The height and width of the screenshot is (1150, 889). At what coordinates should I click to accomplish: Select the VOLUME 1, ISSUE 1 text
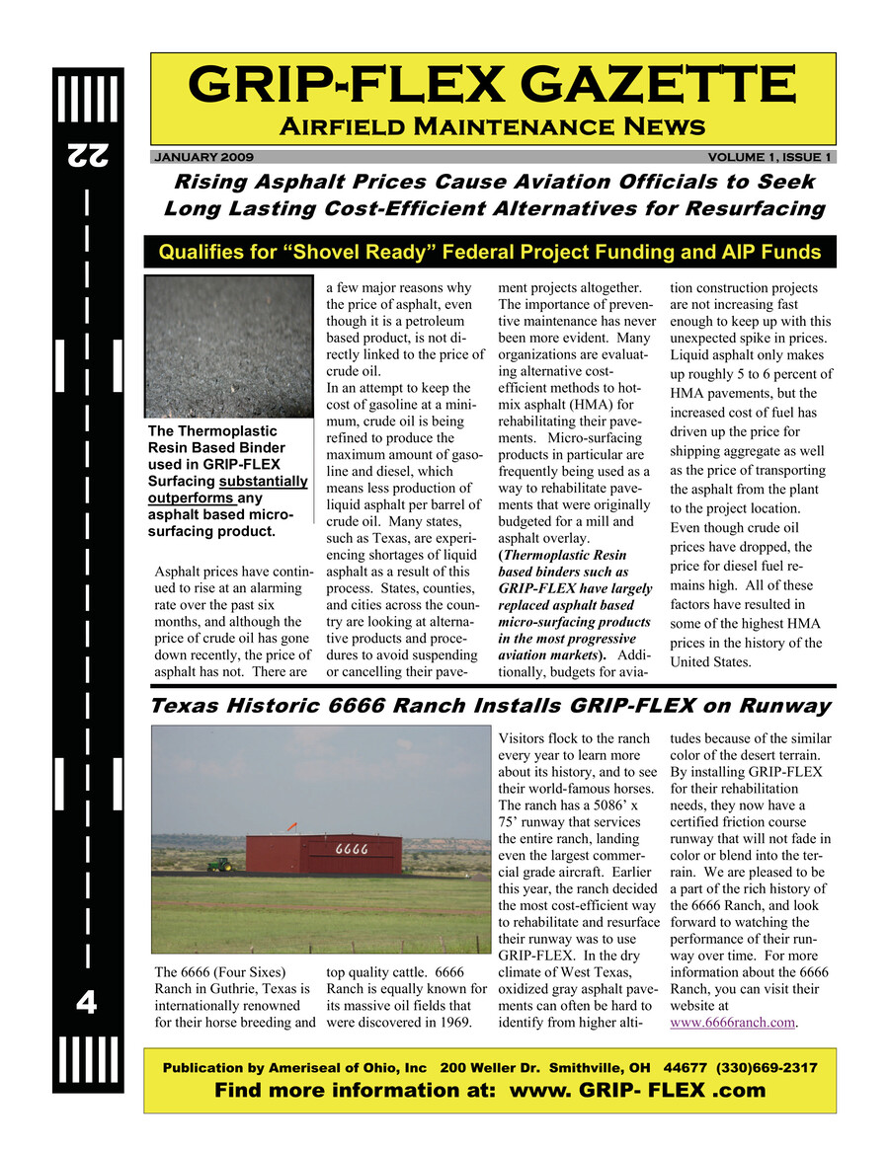[x=769, y=157]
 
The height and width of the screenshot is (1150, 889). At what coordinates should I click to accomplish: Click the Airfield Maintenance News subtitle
[x=492, y=126]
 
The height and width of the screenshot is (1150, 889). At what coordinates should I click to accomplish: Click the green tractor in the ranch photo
[x=219, y=864]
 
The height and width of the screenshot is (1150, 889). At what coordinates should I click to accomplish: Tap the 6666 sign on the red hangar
[x=352, y=847]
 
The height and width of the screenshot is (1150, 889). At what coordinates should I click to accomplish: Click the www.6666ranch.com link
[x=732, y=1022]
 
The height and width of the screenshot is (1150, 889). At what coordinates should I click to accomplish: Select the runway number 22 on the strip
[x=88, y=154]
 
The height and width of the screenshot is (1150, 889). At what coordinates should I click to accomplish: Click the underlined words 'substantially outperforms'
[x=227, y=490]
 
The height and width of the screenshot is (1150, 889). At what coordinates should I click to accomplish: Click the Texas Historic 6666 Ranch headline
[x=490, y=706]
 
